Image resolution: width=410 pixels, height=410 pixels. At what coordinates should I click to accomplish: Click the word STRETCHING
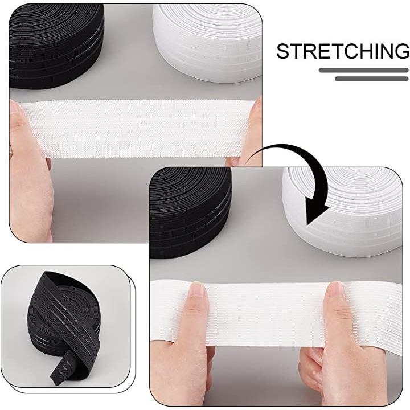(x=343, y=51)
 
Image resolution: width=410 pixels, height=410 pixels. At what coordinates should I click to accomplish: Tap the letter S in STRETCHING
(x=283, y=51)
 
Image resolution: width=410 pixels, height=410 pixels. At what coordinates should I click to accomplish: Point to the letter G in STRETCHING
(x=402, y=51)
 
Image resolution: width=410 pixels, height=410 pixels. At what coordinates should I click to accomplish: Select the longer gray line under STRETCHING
(x=363, y=70)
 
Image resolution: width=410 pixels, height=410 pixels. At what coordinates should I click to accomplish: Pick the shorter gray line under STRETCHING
(x=371, y=79)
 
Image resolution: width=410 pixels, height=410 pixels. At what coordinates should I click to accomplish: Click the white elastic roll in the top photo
(x=207, y=42)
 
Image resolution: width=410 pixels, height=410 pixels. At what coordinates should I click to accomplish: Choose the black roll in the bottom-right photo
(x=190, y=212)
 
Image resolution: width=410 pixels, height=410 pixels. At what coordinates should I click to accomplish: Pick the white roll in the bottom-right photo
(x=343, y=212)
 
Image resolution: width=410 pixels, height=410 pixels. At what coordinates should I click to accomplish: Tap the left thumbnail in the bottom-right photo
(x=197, y=289)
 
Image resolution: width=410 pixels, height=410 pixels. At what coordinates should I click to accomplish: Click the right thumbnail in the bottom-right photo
(x=335, y=290)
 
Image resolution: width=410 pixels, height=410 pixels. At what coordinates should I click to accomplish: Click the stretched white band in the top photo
(x=136, y=128)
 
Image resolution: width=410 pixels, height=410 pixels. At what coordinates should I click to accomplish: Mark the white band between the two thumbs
(x=266, y=314)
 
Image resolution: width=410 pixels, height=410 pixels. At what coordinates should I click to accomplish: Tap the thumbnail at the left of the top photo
(x=16, y=110)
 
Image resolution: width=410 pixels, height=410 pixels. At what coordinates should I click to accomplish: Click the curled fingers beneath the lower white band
(x=314, y=366)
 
